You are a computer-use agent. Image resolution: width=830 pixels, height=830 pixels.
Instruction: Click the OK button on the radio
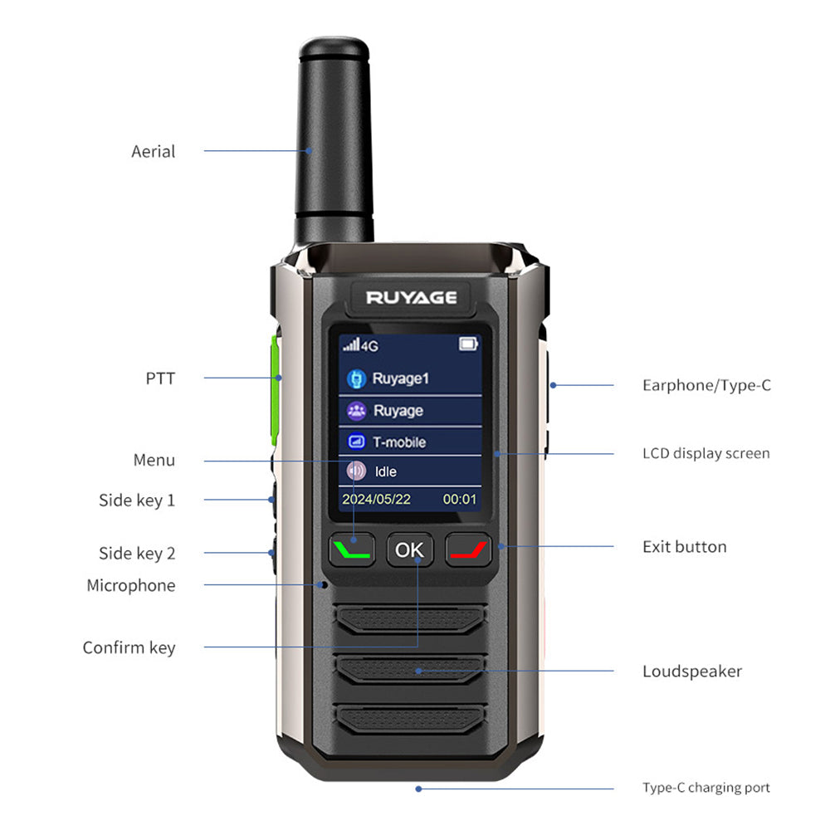409,549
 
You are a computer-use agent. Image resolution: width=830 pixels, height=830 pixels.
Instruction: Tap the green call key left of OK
353,549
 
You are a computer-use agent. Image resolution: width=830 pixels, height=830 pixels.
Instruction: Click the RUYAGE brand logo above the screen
412,297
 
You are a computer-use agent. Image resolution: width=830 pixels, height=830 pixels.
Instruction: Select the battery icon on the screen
469,344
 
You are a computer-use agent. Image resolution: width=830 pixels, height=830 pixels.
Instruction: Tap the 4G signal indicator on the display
361,344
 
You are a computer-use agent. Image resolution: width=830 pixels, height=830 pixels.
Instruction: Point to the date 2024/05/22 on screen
376,499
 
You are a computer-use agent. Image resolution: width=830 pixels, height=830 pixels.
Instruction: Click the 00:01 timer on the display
460,499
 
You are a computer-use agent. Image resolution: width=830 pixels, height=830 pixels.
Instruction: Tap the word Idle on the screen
386,471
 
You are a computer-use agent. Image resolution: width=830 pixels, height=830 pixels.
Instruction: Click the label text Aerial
154,151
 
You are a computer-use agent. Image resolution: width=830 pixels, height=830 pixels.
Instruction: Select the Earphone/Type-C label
706,385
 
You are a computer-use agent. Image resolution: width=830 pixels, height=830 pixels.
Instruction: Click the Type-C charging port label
705,788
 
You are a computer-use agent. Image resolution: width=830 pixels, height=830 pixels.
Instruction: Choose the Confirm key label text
129,647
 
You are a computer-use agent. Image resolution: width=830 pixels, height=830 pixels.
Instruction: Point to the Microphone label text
131,585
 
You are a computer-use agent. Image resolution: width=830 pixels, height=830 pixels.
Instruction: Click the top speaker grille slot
410,618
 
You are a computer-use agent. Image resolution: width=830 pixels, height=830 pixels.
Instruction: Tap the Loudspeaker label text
691,671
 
